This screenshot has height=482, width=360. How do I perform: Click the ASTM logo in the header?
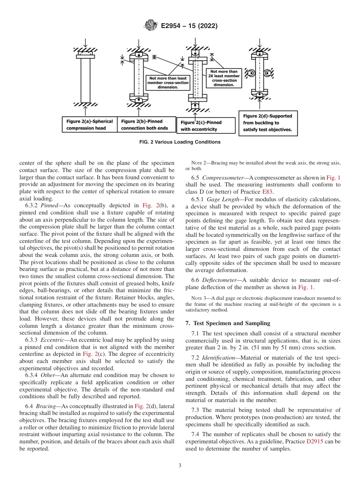(x=152, y=26)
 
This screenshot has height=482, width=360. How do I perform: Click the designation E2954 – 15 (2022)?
(x=189, y=26)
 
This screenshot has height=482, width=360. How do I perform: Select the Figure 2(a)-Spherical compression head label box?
(x=89, y=125)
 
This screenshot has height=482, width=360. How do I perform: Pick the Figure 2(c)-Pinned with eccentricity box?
(x=206, y=125)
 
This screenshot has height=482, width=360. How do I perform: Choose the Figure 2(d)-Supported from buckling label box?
(x=268, y=123)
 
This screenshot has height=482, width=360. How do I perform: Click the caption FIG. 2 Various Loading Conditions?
(x=180, y=142)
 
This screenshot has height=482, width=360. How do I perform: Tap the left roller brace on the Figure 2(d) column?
(x=250, y=72)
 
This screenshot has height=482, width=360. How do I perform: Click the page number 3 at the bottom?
(x=180, y=466)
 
